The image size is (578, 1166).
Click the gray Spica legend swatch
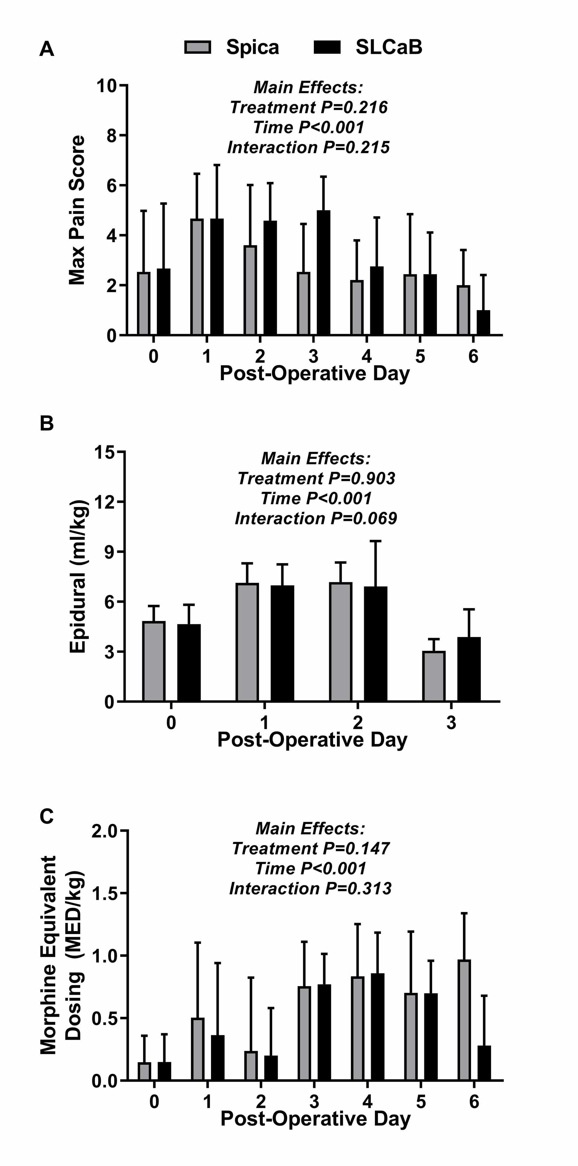pyautogui.click(x=198, y=47)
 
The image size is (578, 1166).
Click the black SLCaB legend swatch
pyautogui.click(x=327, y=47)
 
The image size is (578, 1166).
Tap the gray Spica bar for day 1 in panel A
pyautogui.click(x=197, y=277)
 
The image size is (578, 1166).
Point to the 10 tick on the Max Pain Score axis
pyautogui.click(x=107, y=86)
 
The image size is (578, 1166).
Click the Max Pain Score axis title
pyautogui.click(x=77, y=210)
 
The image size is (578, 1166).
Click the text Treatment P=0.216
pyautogui.click(x=308, y=108)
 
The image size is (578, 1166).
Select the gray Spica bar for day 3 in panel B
pyautogui.click(x=434, y=676)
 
